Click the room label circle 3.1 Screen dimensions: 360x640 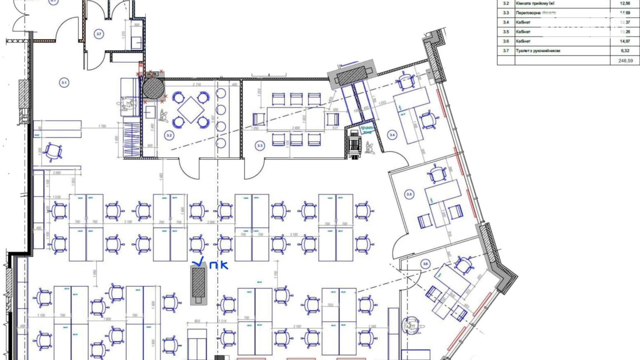tap(64, 83)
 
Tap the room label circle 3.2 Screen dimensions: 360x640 tap(169, 135)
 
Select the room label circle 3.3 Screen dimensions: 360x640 tap(260, 146)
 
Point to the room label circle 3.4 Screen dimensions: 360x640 tap(392, 135)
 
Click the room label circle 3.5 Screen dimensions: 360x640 tap(409, 194)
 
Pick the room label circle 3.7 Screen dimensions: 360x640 tap(99, 34)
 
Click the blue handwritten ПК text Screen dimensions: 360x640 tap(219, 265)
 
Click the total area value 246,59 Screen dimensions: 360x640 tap(625, 61)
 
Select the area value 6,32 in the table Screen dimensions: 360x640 tap(625, 51)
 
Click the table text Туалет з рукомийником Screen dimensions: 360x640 tap(538, 51)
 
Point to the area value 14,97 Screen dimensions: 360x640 tap(625, 41)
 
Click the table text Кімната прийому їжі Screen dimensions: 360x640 tap(535, 3)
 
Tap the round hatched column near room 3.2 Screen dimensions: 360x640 tap(153, 88)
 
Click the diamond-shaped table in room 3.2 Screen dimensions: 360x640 tap(191, 110)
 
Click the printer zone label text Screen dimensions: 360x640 tap(367, 129)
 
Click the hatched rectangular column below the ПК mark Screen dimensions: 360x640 tap(199, 282)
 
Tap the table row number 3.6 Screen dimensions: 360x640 tap(506, 41)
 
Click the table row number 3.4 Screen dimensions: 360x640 tap(506, 22)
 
